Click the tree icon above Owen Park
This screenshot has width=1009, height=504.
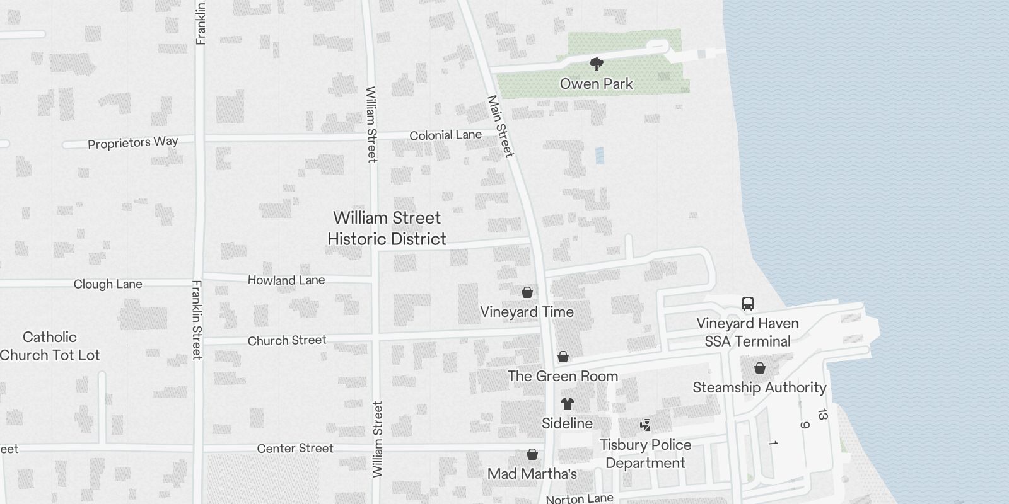click(596, 64)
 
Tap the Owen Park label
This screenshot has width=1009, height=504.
click(596, 84)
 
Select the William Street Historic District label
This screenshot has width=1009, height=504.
click(387, 228)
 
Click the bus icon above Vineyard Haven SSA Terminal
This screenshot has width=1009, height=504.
click(747, 304)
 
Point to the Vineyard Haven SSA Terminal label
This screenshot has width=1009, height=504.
click(747, 332)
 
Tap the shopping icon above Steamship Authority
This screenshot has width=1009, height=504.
click(760, 368)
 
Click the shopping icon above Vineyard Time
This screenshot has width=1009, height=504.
click(527, 292)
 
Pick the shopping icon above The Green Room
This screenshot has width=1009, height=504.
click(563, 357)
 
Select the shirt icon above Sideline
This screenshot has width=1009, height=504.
click(567, 404)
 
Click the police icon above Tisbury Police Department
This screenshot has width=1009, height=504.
click(645, 425)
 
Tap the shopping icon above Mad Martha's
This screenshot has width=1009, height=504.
click(532, 454)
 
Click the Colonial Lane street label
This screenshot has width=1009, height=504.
click(445, 135)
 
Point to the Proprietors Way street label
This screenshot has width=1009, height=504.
click(133, 142)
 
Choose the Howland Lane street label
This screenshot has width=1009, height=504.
click(286, 280)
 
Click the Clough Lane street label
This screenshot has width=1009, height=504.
click(108, 284)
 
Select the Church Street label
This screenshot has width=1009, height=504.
click(287, 341)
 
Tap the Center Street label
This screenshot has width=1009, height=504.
click(295, 449)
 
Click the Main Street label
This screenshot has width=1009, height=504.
click(501, 126)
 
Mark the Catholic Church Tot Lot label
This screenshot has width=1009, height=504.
click(50, 346)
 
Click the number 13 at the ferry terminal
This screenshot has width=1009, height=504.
click(822, 415)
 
